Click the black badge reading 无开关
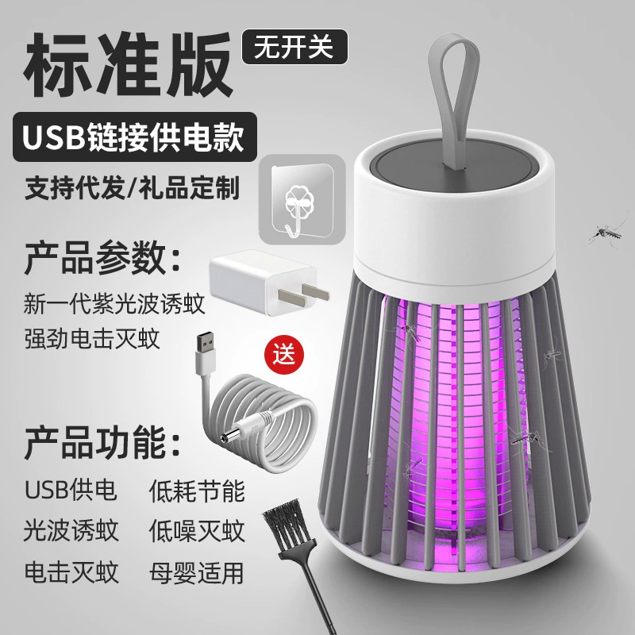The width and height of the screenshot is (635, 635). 294,47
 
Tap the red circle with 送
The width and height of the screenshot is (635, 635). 283,353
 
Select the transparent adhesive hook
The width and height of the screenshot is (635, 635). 302,200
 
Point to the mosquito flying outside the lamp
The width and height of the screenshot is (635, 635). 606,233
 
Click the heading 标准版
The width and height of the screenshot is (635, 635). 129,65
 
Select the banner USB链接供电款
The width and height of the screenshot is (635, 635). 135,137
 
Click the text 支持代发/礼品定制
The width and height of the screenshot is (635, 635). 132,188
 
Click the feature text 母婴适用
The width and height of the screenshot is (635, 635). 197,572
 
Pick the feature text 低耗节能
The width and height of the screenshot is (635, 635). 197,491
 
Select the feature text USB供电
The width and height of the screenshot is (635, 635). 71,490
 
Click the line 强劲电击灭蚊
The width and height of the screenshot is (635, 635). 92,339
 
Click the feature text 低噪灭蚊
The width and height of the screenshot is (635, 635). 197,531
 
